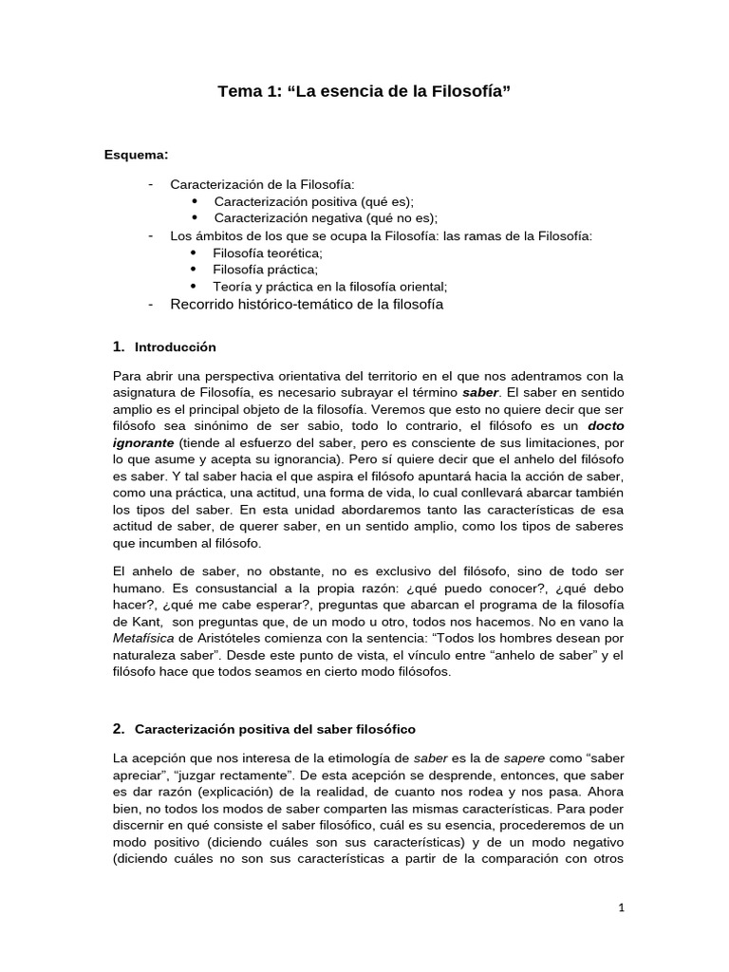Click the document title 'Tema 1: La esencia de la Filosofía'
(x=364, y=92)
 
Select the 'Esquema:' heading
(x=137, y=156)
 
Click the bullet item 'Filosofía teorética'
(x=268, y=253)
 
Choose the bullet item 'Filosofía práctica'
(x=265, y=270)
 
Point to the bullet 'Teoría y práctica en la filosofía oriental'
(x=329, y=286)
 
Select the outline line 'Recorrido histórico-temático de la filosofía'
(x=306, y=305)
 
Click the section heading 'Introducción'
(x=176, y=347)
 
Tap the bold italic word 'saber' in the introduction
(x=479, y=392)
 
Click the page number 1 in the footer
(x=621, y=907)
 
